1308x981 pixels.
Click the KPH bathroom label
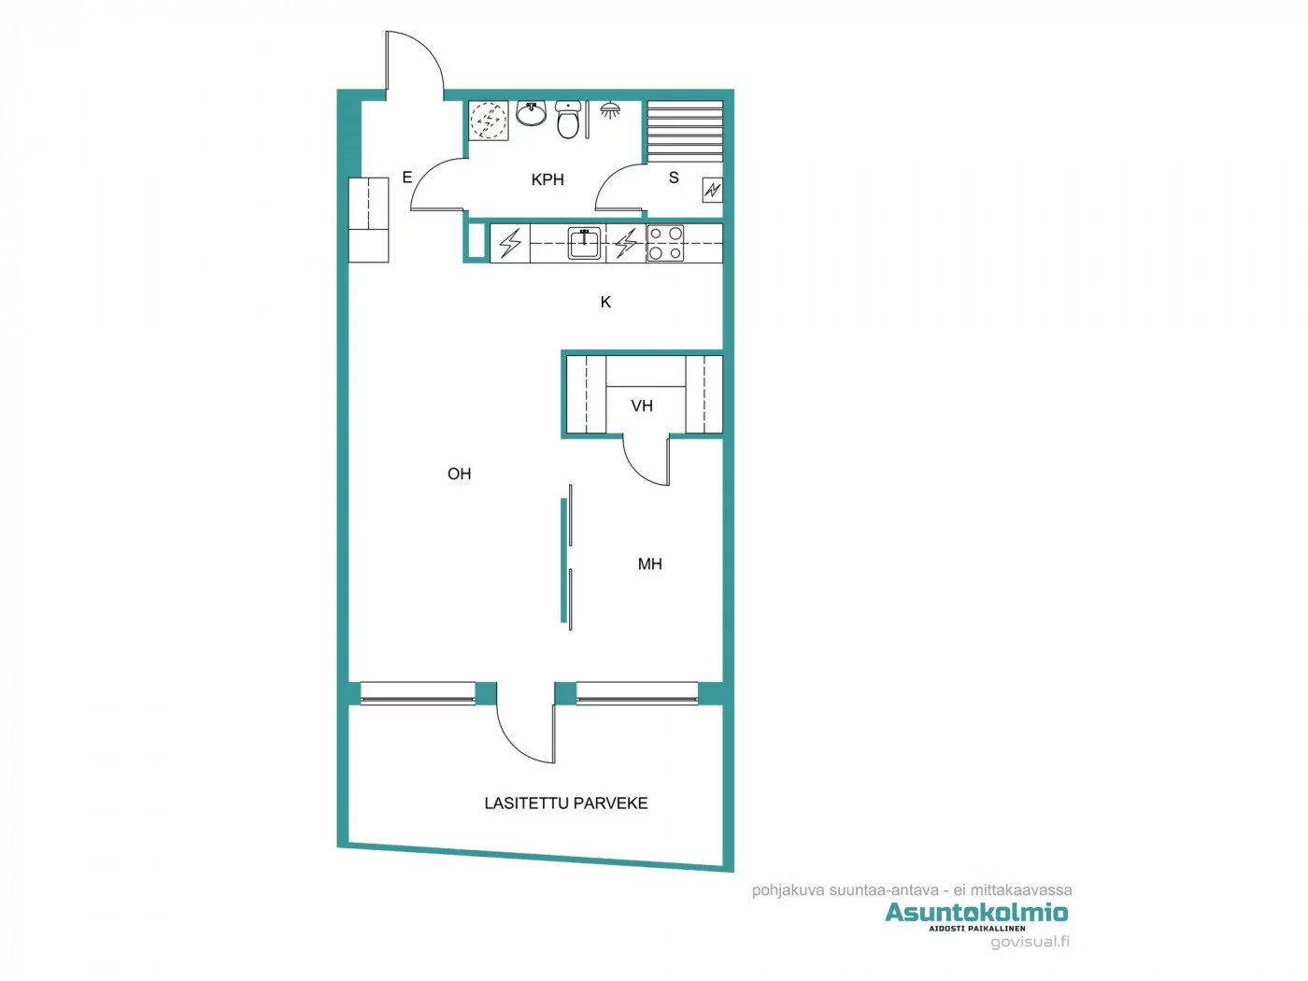pos(547,179)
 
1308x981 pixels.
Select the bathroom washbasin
pos(532,114)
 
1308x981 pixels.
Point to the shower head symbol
pos(610,110)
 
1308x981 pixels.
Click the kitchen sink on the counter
pos(585,242)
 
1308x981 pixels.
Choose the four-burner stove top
pos(665,243)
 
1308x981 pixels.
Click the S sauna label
pos(674,178)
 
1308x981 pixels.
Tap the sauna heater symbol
pos(713,191)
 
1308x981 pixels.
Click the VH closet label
pos(642,405)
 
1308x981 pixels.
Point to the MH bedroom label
pos(649,564)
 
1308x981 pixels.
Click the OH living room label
pos(459,474)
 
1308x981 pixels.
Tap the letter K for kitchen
pos(605,302)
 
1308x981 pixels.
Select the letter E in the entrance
pos(406,178)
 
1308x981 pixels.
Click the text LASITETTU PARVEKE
pos(565,803)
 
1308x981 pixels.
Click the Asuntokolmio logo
pos(976,913)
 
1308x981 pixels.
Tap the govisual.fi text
pos(1030,942)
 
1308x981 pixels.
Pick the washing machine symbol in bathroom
pos(489,121)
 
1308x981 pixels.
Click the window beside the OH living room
pos(418,693)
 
